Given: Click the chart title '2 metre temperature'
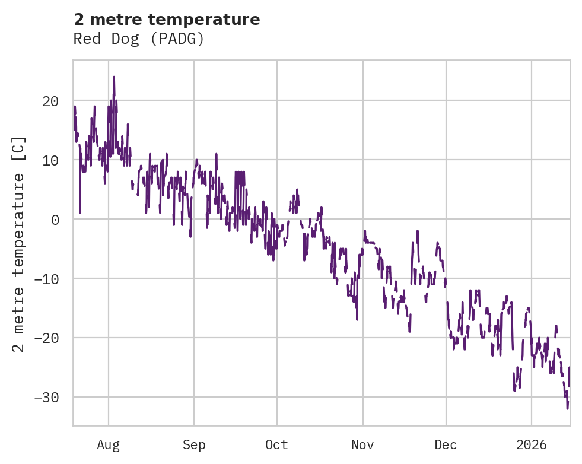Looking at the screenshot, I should coord(167,20).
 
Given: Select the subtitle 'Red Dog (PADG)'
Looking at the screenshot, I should coord(139,39).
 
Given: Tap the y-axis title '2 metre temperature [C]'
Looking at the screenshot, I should coord(20,244).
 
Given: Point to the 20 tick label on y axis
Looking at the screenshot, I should coord(50,101).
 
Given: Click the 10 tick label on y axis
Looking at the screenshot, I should coord(50,160).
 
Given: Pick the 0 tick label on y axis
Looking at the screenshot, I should coord(55,220).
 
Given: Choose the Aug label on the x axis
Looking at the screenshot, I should coord(108,445).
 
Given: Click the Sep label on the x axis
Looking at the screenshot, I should coord(194,445).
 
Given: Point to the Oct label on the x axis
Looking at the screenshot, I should coord(276,445).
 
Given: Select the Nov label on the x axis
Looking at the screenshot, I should coord(362,445).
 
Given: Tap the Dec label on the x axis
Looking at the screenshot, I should coord(446,445).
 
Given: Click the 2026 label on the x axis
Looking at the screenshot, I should coord(532,445).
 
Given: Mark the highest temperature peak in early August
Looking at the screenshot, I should coord(114,77).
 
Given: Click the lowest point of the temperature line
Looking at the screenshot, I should coord(567,409).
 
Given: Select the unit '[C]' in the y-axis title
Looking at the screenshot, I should coord(20,149).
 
